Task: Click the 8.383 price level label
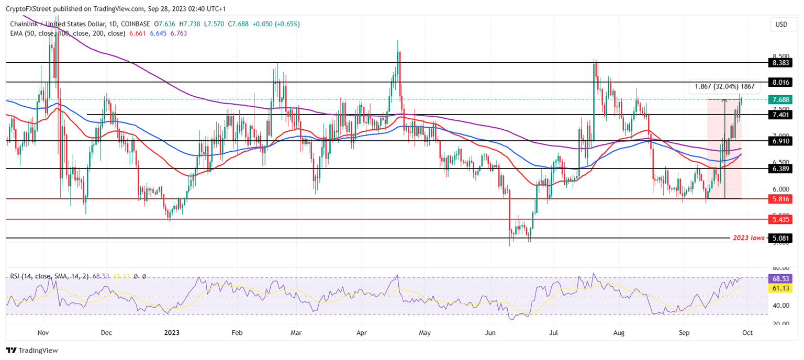[x=781, y=62]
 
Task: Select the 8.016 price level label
[x=781, y=82]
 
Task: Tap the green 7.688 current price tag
[x=781, y=99]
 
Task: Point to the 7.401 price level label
[x=781, y=115]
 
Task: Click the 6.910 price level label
[x=781, y=141]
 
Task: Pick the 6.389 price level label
[x=781, y=168]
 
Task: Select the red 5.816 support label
[x=781, y=199]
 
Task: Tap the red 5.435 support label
[x=781, y=220]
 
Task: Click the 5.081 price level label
[x=781, y=238]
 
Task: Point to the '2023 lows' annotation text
[x=748, y=238]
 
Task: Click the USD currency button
[x=781, y=25]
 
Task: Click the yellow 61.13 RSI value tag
[x=781, y=288]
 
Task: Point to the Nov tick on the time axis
[x=43, y=332]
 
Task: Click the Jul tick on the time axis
[x=555, y=332]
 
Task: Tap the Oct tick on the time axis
[x=748, y=332]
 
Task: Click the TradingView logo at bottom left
[x=32, y=350]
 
